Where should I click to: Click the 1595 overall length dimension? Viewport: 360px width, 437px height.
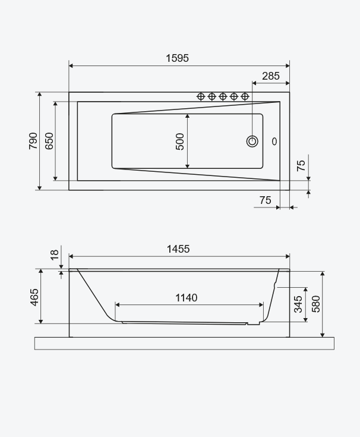tap(178, 58)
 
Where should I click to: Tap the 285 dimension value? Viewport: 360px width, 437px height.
tap(271, 76)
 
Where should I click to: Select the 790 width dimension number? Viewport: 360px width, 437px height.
tap(33, 141)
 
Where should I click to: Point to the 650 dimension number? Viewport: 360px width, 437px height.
tap(49, 141)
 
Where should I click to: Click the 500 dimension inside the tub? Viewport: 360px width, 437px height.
tap(180, 142)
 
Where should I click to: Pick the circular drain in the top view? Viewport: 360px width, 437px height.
tap(252, 142)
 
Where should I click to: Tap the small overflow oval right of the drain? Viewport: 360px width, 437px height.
tap(274, 142)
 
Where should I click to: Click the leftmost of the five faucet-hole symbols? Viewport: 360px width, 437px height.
tap(201, 96)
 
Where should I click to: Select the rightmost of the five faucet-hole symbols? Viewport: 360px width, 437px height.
tap(245, 96)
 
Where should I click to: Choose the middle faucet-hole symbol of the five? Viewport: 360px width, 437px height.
tap(223, 96)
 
